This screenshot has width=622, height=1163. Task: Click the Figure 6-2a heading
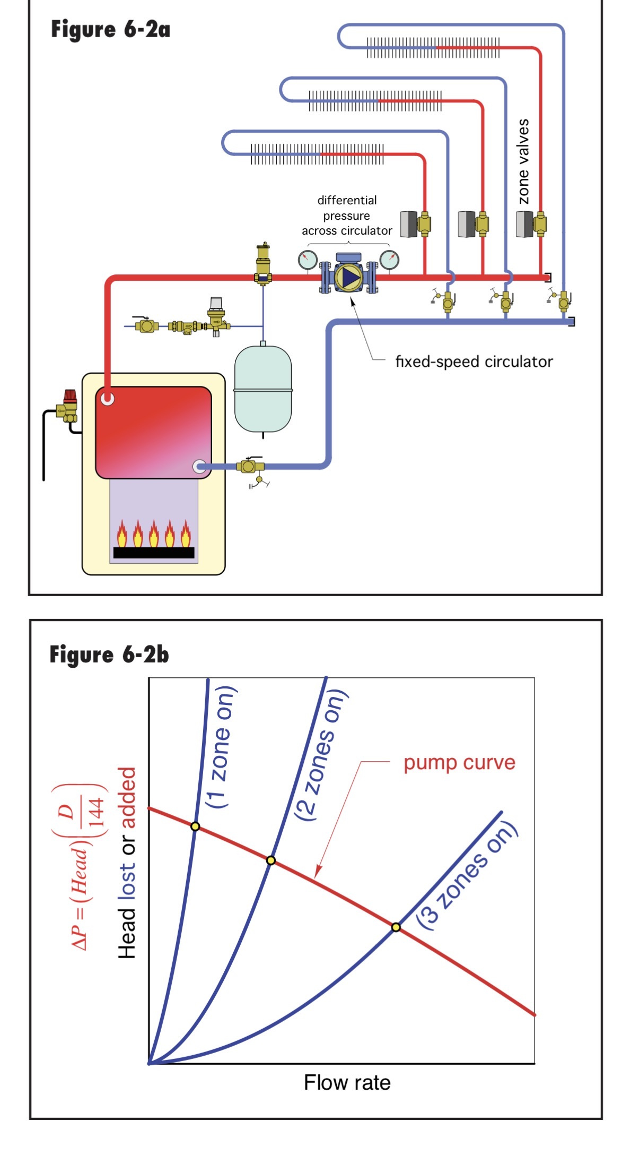pos(110,30)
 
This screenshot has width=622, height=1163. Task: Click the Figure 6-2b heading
pos(109,654)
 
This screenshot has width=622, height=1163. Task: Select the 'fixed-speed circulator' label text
pos(474,362)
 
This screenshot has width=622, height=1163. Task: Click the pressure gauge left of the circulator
pos(307,260)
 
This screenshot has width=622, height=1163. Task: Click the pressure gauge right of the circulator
pos(389,260)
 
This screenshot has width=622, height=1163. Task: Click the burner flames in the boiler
pos(153,534)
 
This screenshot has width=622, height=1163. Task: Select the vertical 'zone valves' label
pos(523,161)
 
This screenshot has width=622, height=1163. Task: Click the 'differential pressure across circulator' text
pos(347,216)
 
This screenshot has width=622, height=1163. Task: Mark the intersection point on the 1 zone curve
pos(195,826)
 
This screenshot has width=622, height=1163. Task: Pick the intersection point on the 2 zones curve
pos(270,860)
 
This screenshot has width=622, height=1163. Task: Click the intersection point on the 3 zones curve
pos(396,927)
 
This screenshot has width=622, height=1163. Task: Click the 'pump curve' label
pos(459,763)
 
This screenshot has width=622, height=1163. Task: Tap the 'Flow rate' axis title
pos(347,1082)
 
